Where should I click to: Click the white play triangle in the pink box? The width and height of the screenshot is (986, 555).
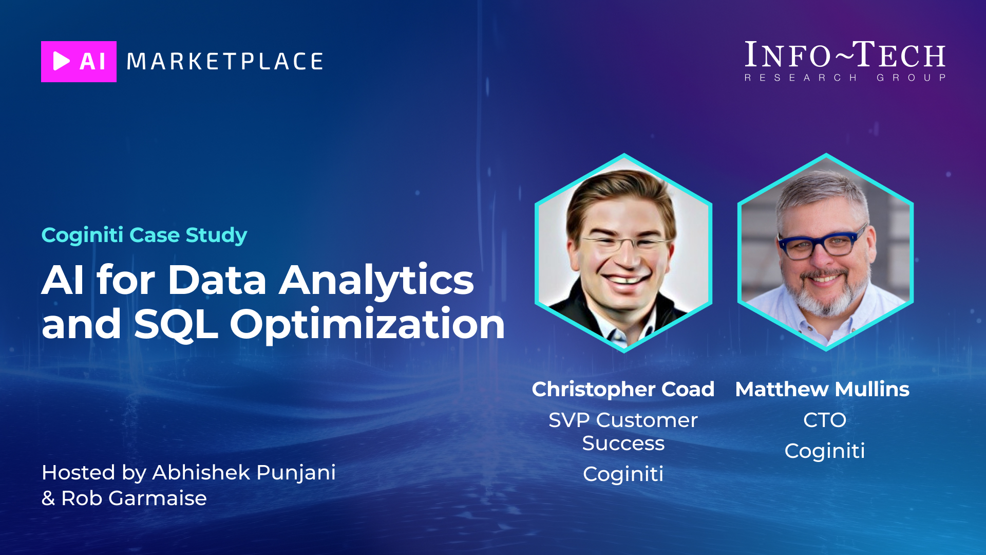[x=61, y=61]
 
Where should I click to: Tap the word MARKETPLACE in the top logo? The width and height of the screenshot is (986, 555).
[x=225, y=62]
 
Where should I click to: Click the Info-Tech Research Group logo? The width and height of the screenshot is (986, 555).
[x=845, y=61]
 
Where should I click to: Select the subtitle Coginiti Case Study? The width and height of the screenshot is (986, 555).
[x=144, y=235]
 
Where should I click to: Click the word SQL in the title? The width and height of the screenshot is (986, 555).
[x=176, y=324]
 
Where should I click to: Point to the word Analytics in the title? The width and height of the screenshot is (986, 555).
[x=376, y=280]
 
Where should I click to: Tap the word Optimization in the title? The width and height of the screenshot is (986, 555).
[x=367, y=324]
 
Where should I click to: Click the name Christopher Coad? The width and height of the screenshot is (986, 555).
[x=623, y=389]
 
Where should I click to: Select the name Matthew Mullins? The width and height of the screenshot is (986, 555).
[x=822, y=389]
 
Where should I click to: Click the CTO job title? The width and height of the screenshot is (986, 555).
[x=825, y=420]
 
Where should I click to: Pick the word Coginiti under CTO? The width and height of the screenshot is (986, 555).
[x=825, y=451]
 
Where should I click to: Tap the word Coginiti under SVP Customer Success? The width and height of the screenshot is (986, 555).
[x=623, y=474]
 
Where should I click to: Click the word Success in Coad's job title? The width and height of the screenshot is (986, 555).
[x=623, y=443]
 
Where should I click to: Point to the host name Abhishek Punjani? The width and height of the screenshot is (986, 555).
[x=244, y=472]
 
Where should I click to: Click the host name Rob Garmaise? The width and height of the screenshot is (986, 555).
[x=134, y=498]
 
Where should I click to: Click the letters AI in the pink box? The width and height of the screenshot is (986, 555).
[x=93, y=62]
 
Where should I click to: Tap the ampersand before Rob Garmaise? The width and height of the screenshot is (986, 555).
[x=48, y=498]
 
